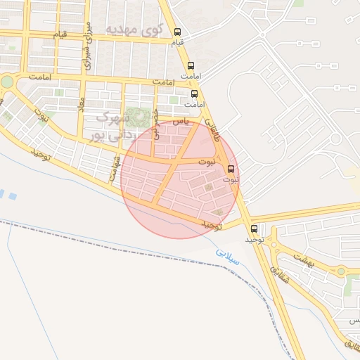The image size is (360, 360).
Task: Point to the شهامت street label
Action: click(x=113, y=169)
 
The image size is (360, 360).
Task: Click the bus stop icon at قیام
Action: click(x=178, y=32)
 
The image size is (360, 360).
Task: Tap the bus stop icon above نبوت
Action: click(x=231, y=169)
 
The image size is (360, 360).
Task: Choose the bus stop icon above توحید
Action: click(x=254, y=228)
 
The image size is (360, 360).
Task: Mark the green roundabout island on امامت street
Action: click(x=7, y=82)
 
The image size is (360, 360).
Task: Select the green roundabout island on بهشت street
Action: click(x=342, y=271)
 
